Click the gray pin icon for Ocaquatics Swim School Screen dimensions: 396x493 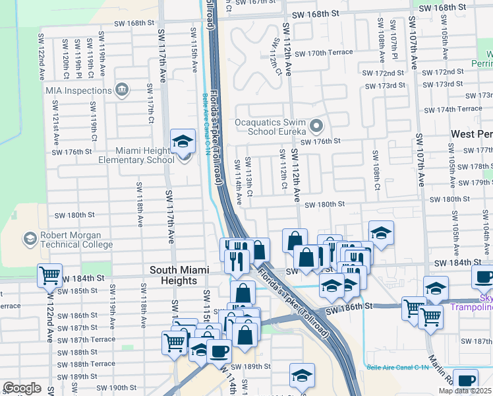click(317, 125)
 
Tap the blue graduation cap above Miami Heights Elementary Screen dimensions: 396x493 click(183, 140)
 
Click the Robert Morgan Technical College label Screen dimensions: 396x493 click(70, 240)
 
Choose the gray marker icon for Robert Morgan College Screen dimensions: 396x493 click(30, 238)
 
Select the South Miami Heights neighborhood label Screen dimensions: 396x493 click(179, 275)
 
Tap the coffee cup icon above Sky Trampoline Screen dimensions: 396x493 click(483, 277)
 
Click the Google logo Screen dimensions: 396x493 click(22, 388)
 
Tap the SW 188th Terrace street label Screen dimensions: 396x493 click(85, 364)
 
